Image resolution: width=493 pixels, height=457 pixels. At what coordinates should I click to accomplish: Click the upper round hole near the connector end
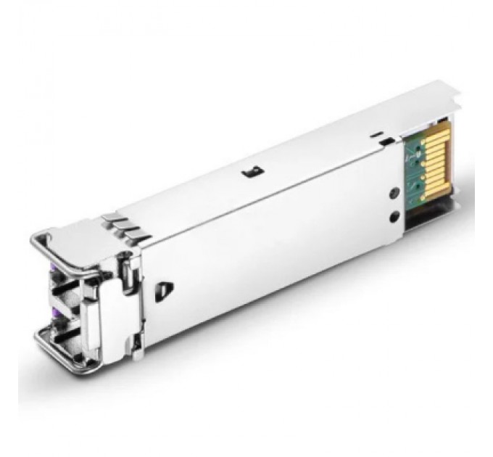coord(394,193)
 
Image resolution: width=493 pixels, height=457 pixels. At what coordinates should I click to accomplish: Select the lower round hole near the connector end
coord(394,216)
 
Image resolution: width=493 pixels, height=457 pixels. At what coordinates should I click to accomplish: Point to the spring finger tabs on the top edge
coord(125,226)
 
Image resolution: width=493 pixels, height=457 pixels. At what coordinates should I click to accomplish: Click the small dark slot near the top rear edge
coord(375,134)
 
